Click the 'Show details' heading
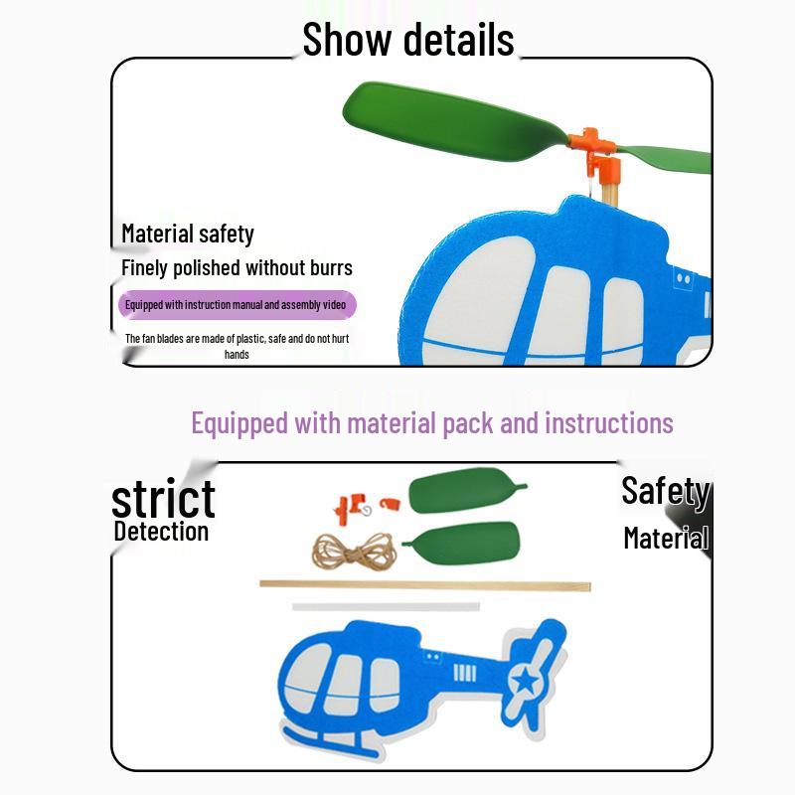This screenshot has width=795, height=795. (x=408, y=39)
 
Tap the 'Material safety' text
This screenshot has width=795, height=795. (x=188, y=234)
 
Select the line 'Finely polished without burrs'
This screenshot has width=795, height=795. (x=237, y=267)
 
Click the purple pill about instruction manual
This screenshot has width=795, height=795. (x=237, y=305)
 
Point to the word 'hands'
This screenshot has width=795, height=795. (x=237, y=355)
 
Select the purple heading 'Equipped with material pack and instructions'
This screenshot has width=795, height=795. (x=432, y=423)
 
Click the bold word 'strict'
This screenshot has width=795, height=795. (x=163, y=499)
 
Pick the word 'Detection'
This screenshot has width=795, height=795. (x=161, y=532)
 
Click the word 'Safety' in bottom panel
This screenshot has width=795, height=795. (x=665, y=491)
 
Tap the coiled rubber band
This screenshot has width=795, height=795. (x=355, y=552)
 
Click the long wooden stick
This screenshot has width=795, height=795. (x=425, y=585)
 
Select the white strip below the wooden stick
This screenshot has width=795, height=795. (x=386, y=606)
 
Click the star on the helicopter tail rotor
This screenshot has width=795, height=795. (x=526, y=680)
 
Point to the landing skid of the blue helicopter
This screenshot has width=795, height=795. (x=330, y=742)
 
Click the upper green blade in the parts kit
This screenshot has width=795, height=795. (x=466, y=490)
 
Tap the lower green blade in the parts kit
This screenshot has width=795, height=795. (x=460, y=543)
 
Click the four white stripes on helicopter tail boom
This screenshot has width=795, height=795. (x=464, y=674)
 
